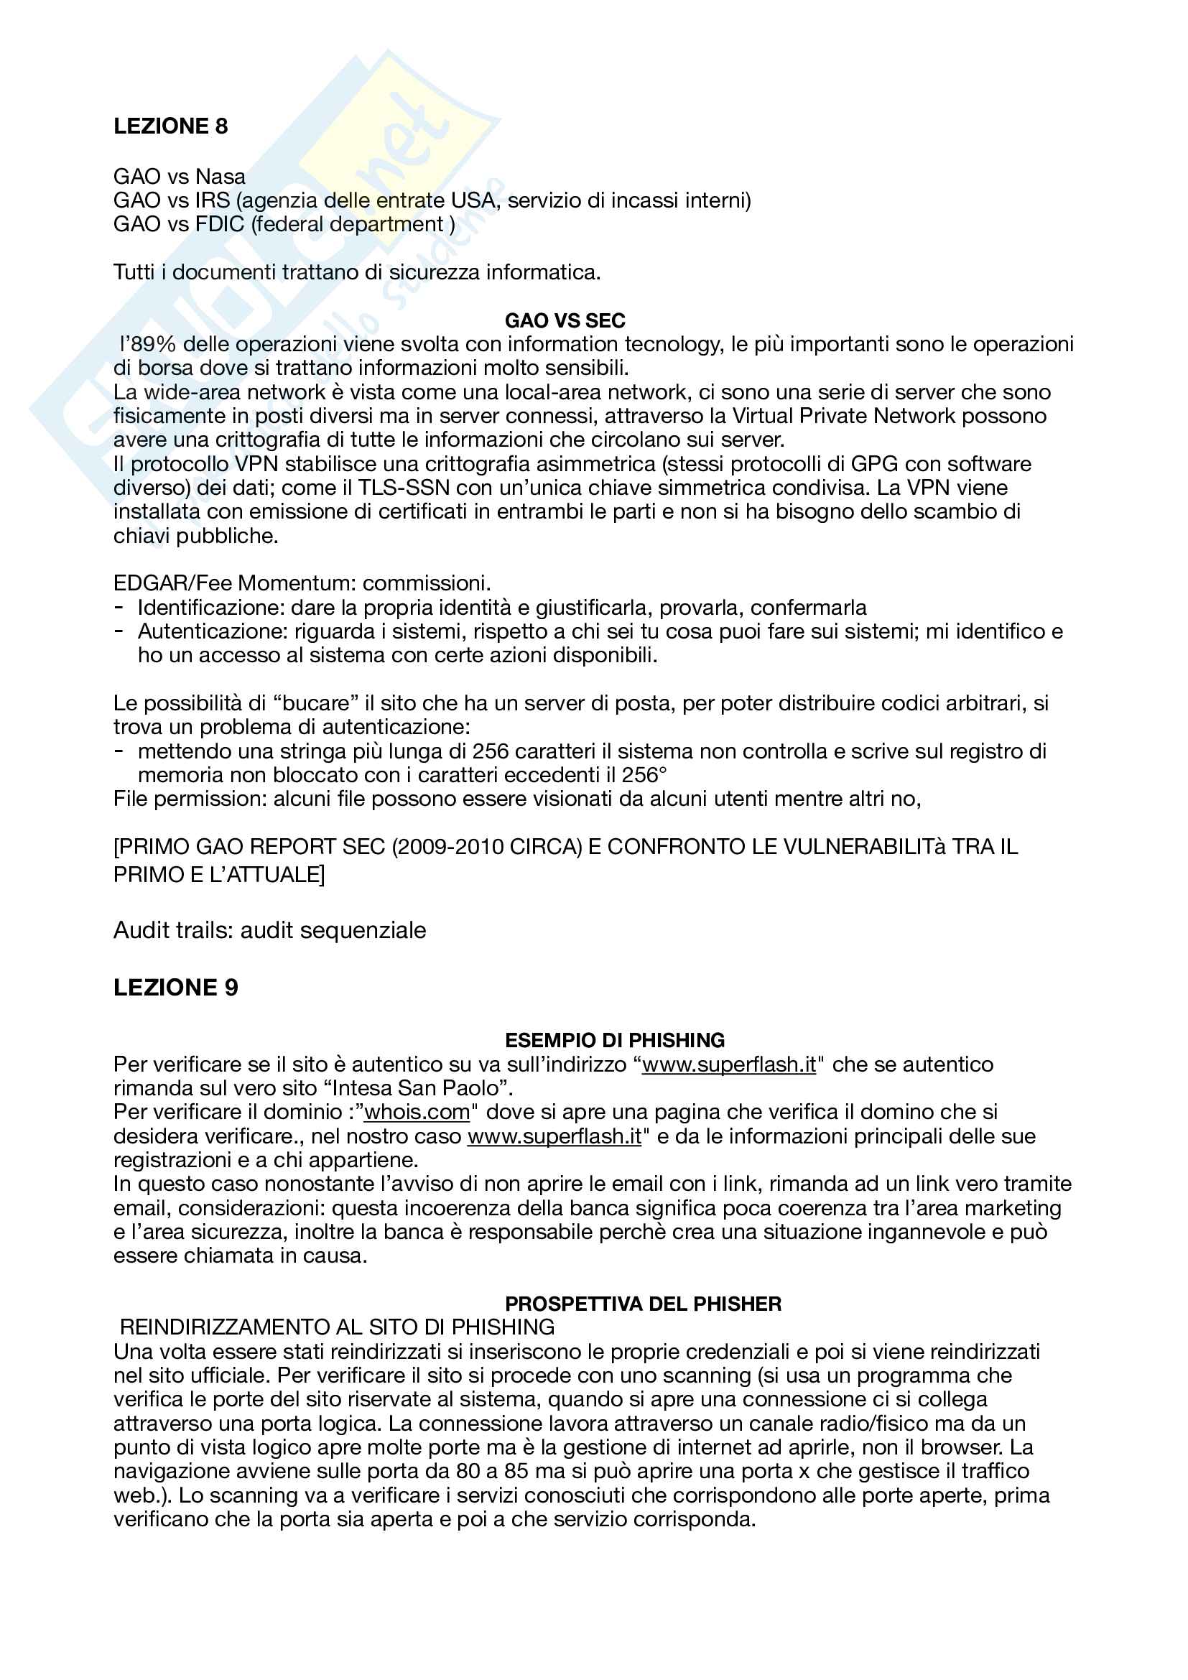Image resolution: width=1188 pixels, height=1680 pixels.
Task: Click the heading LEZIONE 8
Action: (170, 126)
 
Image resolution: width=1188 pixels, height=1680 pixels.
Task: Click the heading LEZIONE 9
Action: (175, 987)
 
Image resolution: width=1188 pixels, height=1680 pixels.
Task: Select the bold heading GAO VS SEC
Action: (565, 320)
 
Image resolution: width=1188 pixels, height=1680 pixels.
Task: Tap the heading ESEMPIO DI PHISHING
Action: (615, 1040)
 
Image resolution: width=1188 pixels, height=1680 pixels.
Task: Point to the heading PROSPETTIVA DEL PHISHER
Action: (643, 1303)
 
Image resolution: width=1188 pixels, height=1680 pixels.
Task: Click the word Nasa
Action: (221, 177)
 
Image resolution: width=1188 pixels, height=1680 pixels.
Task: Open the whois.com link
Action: (417, 1111)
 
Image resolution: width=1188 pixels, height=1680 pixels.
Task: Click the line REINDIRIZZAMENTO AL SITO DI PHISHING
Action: (336, 1327)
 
